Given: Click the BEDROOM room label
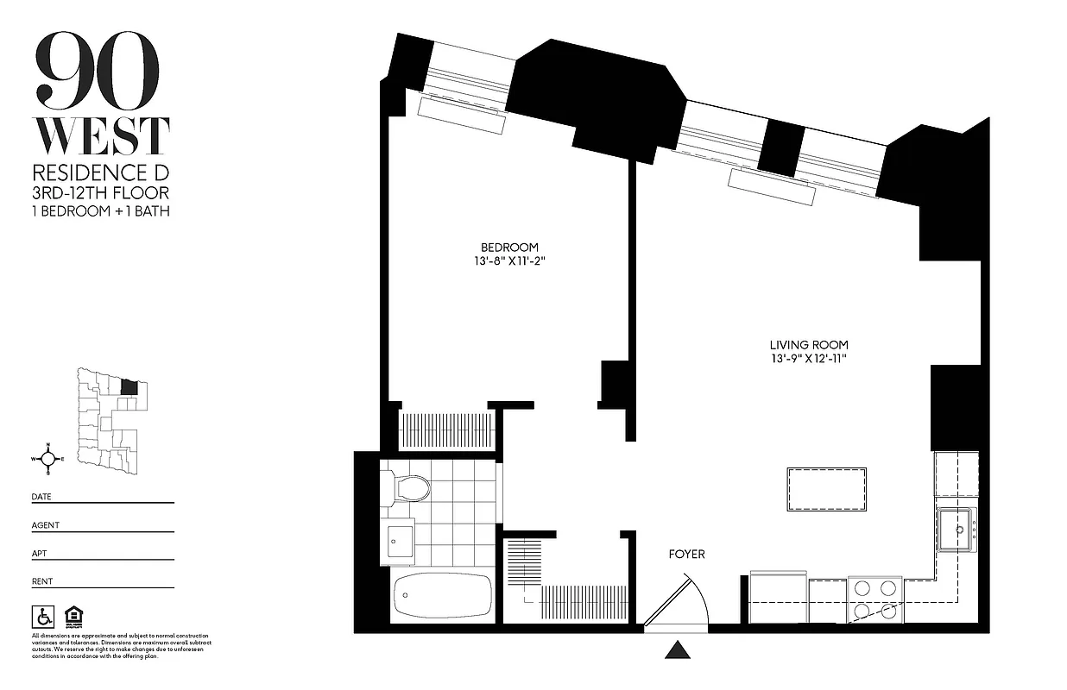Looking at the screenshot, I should (509, 247).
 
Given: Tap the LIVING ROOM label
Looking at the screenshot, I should (810, 345).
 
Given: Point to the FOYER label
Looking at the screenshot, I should (686, 554).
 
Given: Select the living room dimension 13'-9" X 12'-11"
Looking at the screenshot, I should (810, 359).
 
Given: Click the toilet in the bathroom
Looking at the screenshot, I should (408, 488).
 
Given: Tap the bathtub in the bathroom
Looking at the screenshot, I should (443, 594).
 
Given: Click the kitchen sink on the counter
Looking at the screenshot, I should (957, 530).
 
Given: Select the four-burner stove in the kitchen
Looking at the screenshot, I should (875, 599).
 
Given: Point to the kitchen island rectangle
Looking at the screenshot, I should (827, 489).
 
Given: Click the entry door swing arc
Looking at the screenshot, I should (691, 595).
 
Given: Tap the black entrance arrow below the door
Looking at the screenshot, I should (678, 649).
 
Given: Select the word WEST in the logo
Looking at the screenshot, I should (101, 136).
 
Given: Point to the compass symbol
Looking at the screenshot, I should (48, 458).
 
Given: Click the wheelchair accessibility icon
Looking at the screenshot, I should (42, 617).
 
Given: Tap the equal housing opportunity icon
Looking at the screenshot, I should (72, 617).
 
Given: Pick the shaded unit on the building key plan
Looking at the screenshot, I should (129, 387).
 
